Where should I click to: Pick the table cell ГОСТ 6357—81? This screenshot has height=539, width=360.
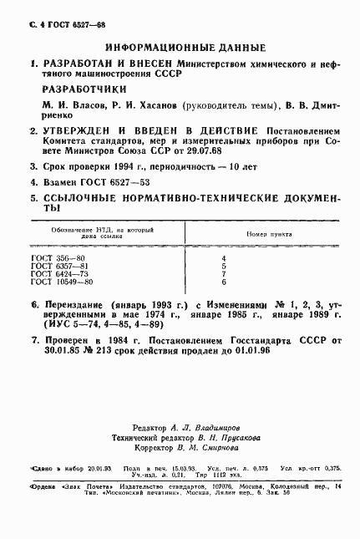point(54,266)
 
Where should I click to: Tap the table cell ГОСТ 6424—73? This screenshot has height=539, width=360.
point(54,274)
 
